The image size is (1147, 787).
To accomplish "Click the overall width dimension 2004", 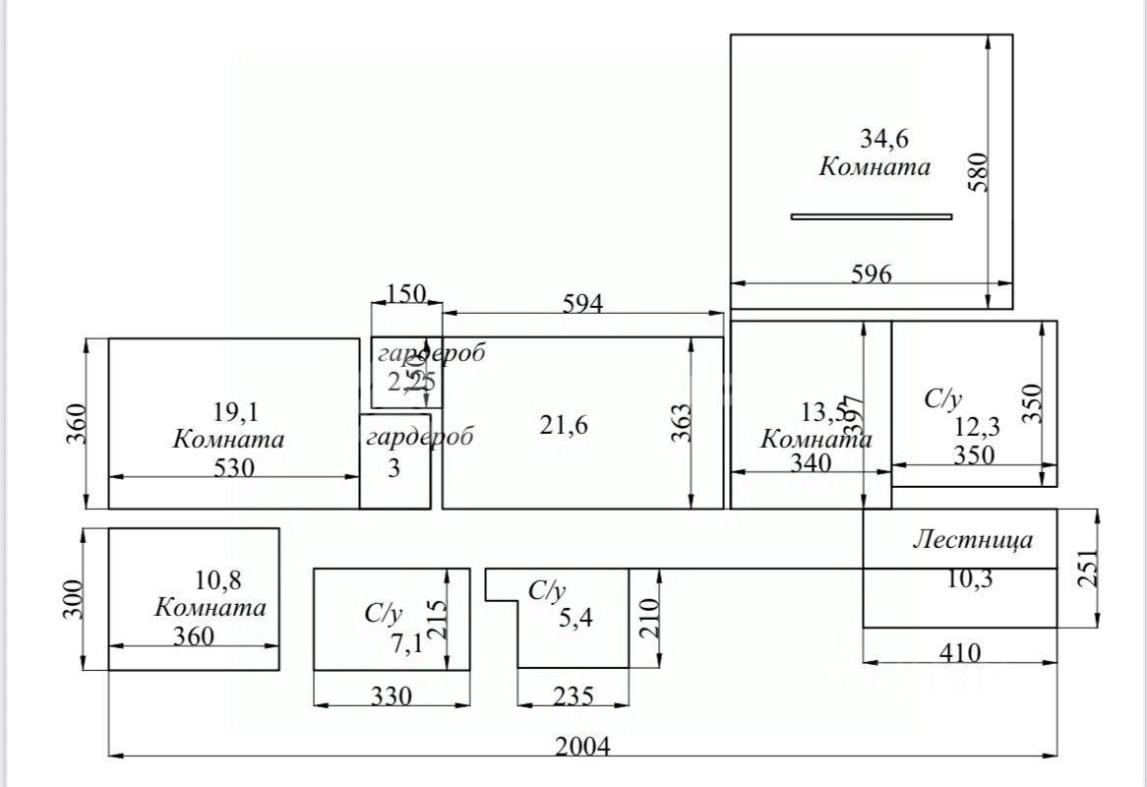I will click(581, 746).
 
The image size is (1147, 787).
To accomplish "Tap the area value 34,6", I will click(875, 138).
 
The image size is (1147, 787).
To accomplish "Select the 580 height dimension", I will click(977, 171).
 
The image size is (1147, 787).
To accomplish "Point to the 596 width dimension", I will click(872, 274).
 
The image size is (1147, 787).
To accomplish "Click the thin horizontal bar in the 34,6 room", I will click(872, 216).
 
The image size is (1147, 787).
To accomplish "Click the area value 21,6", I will click(565, 425).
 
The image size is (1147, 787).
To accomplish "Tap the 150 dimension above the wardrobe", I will click(406, 294).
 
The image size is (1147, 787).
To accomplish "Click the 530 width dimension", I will click(234, 468).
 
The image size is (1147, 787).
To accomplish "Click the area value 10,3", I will click(969, 578).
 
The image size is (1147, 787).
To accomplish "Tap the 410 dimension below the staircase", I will click(959, 651).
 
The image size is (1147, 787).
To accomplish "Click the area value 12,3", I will click(980, 427).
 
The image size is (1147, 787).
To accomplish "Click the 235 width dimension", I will click(573, 696).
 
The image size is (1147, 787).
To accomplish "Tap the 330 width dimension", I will click(391, 696).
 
